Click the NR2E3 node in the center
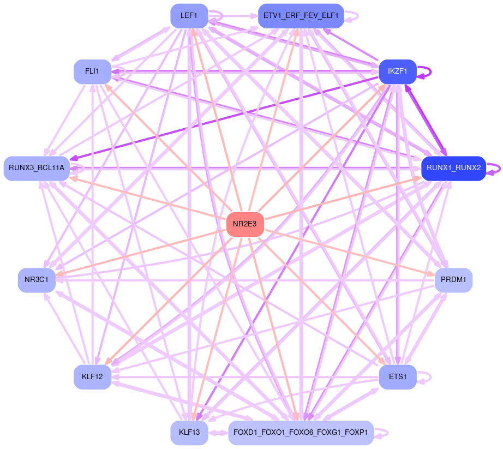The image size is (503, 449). [245, 224]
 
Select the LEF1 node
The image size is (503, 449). [189, 16]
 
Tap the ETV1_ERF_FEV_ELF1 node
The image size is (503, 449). [301, 16]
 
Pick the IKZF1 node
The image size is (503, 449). [398, 71]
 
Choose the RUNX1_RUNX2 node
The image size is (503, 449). [453, 168]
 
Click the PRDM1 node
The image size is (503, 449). [453, 280]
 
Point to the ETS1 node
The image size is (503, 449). [398, 377]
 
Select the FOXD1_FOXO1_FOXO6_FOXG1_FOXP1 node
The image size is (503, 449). [301, 433]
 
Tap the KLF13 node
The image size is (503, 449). [189, 433]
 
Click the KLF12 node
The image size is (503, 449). [92, 377]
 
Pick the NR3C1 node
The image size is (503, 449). [37, 280]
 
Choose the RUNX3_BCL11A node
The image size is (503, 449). [37, 168]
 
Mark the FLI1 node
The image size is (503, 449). [92, 71]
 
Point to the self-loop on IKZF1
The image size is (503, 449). [426, 71]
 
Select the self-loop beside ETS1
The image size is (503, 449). [426, 377]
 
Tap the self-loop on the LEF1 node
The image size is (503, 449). [217, 16]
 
